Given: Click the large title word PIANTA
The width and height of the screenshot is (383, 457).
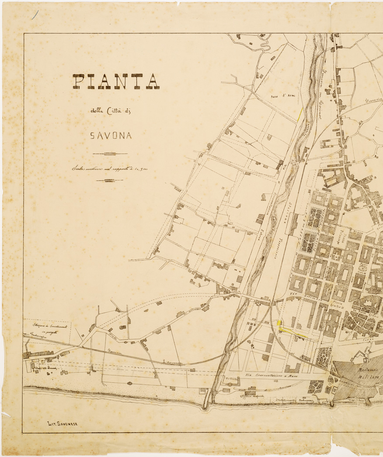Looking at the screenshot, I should pyautogui.click(x=116, y=82).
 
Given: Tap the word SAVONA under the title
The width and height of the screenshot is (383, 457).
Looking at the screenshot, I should pyautogui.click(x=111, y=136).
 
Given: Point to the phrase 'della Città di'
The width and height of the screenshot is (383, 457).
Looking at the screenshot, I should pyautogui.click(x=110, y=111).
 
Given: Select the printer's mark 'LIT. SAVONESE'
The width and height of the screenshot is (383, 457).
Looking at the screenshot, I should pyautogui.click(x=62, y=423).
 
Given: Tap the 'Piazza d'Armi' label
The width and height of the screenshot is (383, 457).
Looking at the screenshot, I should pyautogui.click(x=283, y=96).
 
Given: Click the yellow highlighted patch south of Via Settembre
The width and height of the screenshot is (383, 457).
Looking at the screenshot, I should pyautogui.click(x=280, y=323).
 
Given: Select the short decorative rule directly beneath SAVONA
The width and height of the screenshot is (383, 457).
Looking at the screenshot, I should pyautogui.click(x=110, y=153).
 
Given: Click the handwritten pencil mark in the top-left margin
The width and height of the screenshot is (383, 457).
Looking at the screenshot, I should pyautogui.click(x=35, y=15).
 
